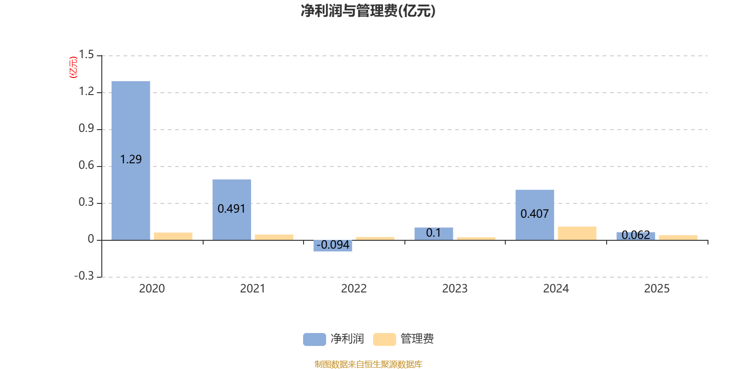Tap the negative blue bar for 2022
click(333, 245)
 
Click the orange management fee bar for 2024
click(577, 233)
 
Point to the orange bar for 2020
click(173, 236)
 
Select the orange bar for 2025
click(678, 237)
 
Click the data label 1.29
click(131, 160)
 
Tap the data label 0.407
click(534, 214)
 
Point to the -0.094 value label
click(333, 245)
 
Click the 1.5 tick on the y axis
click(86, 55)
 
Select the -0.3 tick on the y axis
click(84, 276)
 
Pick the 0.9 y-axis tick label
click(86, 129)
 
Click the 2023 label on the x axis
click(455, 289)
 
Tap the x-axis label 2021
click(252, 289)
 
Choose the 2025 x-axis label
click(656, 289)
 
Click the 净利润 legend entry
click(334, 339)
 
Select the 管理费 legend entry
click(404, 339)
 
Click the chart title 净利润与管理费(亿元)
click(368, 11)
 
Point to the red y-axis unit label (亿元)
click(73, 67)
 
